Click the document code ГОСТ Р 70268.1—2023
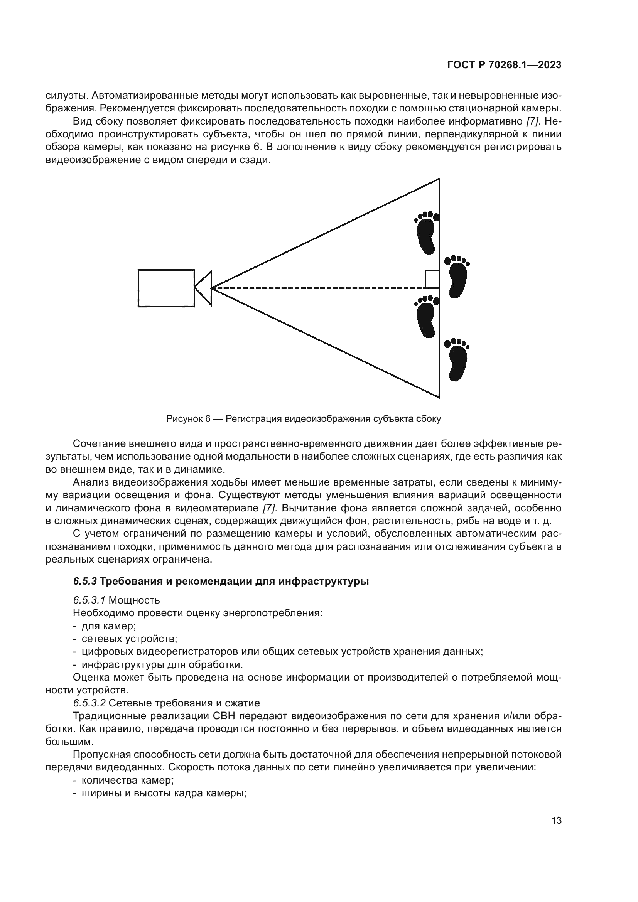click(x=504, y=65)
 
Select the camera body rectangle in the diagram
click(x=166, y=288)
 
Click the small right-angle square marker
click(x=432, y=279)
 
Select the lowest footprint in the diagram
click(x=457, y=359)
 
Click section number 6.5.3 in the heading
click(x=84, y=582)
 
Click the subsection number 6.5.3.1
click(x=89, y=600)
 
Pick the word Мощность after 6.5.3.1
click(x=134, y=600)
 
